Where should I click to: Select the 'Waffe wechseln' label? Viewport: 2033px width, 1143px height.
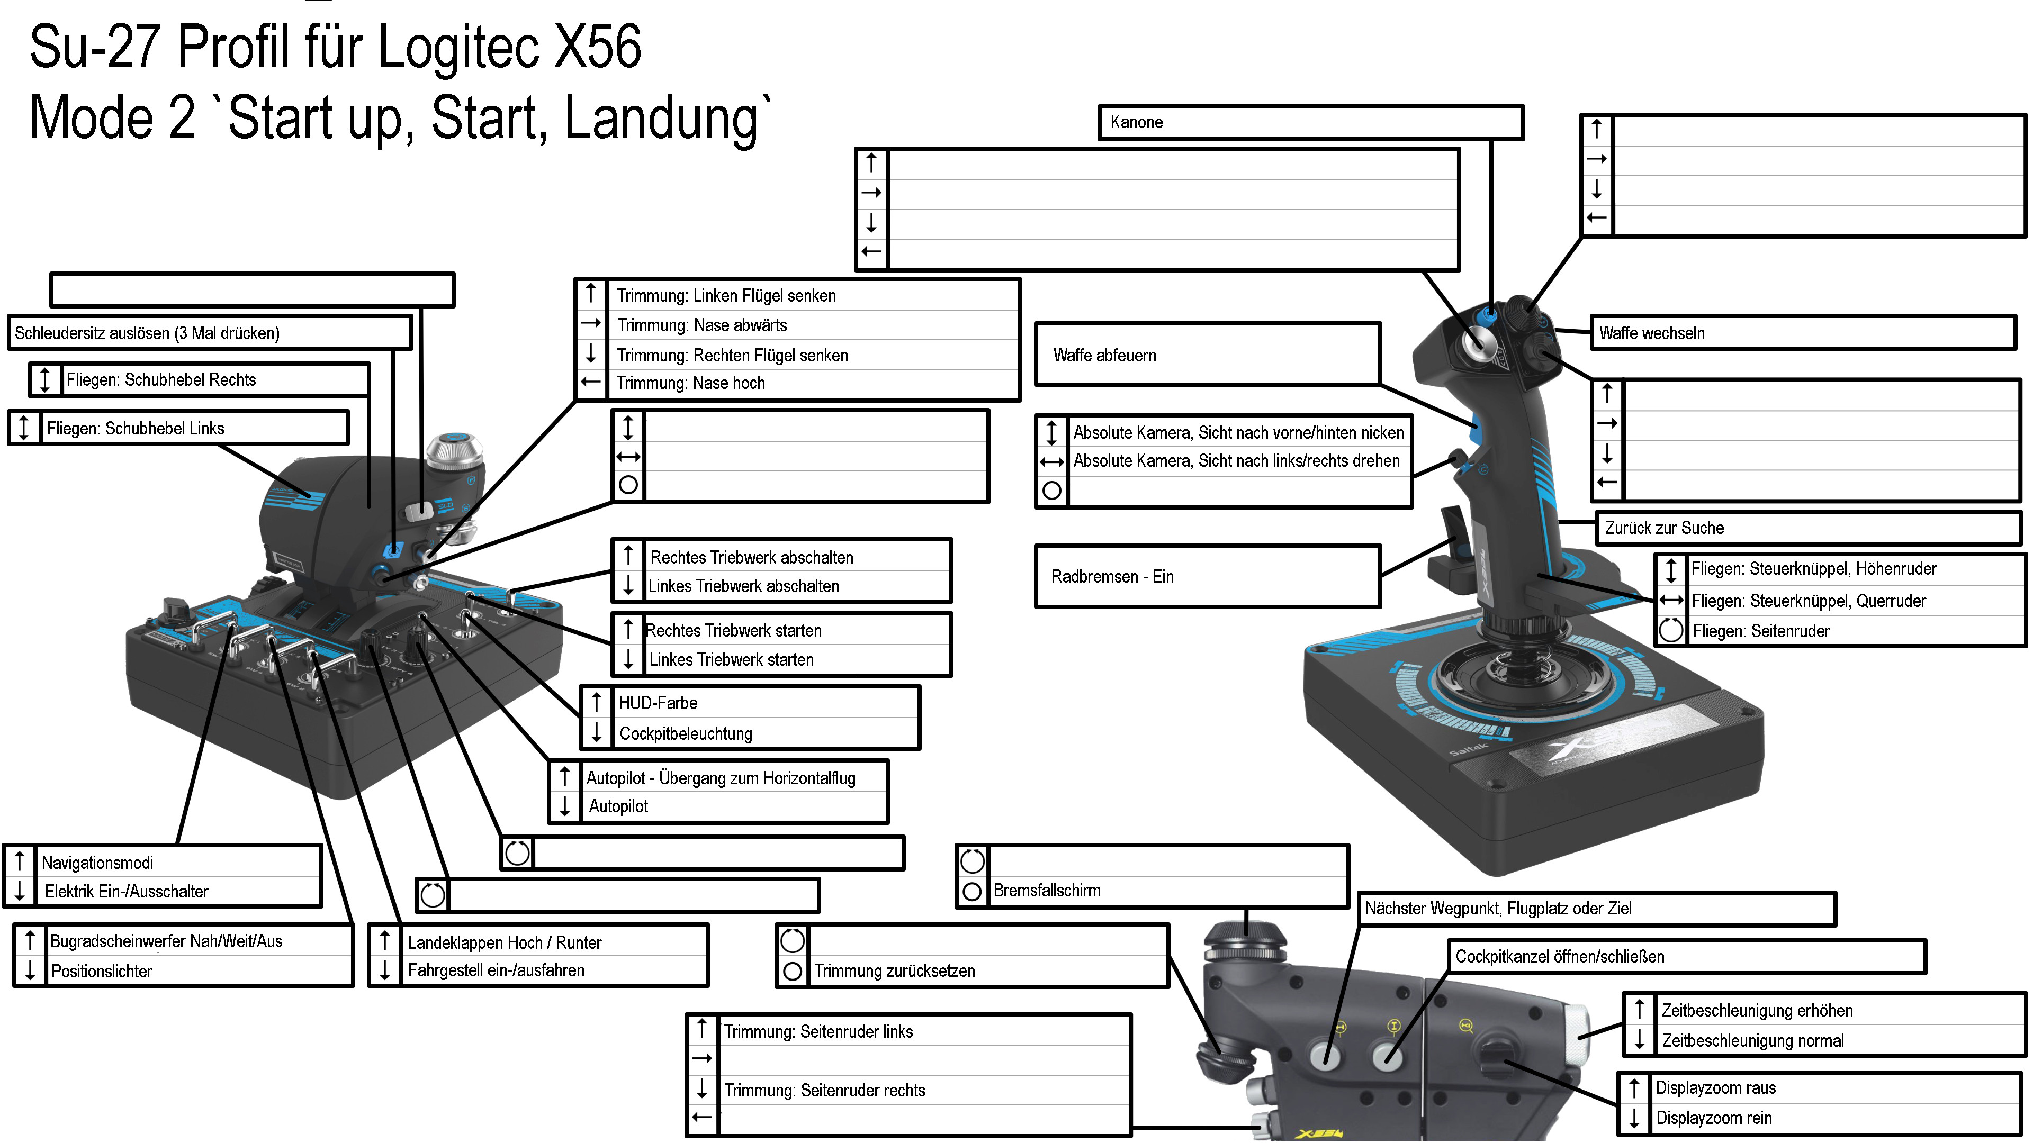click(x=1651, y=333)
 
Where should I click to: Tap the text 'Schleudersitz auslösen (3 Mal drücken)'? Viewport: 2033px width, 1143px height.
click(x=147, y=333)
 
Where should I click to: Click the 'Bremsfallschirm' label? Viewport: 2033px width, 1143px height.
click(x=1047, y=891)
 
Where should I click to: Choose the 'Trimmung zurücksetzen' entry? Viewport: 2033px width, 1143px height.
click(x=894, y=971)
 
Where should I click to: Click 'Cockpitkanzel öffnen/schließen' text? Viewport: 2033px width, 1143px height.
click(x=1560, y=957)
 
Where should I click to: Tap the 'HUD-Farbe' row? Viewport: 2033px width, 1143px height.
click(x=658, y=703)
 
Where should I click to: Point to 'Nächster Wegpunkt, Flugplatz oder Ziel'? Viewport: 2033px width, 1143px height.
click(x=1498, y=909)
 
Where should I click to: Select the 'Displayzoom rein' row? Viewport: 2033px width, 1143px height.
click(x=1713, y=1118)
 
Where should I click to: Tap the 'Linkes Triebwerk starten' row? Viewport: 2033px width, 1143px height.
click(x=731, y=659)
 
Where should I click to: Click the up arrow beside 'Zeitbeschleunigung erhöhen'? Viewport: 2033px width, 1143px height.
click(x=1639, y=1009)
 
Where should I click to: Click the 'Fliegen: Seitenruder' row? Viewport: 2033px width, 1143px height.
click(x=1761, y=631)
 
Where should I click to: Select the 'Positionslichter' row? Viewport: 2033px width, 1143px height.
click(x=101, y=971)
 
